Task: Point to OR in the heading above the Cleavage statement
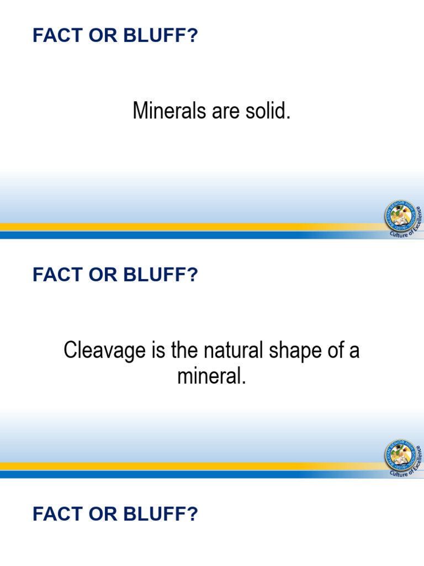104,275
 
